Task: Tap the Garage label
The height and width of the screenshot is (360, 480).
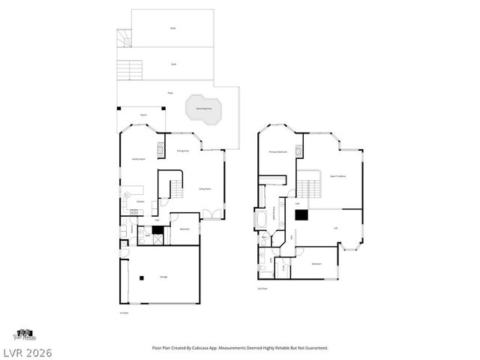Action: coord(163,277)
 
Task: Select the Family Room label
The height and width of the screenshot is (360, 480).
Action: coord(138,159)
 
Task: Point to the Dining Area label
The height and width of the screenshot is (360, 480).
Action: coord(182,151)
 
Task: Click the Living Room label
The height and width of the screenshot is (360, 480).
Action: coord(204,189)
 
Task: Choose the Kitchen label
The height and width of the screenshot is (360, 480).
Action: coord(139,201)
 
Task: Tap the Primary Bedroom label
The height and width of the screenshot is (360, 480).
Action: coord(278,151)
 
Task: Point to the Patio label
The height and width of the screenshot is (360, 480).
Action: coord(171,93)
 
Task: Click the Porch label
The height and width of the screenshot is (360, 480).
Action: coord(143,115)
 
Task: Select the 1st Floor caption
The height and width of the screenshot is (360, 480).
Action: coord(123,313)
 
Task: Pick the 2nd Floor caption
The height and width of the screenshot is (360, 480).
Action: coord(262,289)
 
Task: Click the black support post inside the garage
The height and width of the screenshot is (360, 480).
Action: coord(142,280)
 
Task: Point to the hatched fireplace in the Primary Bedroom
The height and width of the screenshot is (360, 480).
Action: coord(298,149)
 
